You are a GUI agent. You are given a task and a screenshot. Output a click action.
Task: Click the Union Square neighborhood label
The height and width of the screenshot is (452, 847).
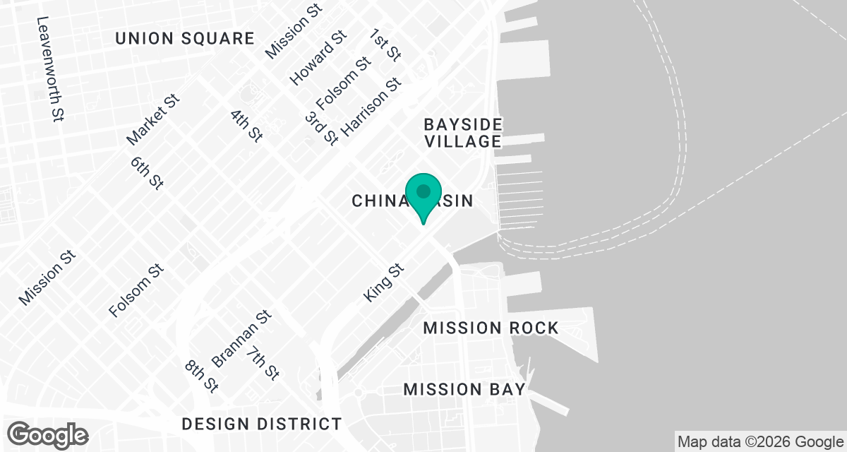pyautogui.click(x=185, y=39)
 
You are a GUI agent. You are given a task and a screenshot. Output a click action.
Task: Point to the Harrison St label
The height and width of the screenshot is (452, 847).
pyautogui.click(x=371, y=107)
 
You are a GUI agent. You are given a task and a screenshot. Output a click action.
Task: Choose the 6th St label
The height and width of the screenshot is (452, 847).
pyautogui.click(x=147, y=172)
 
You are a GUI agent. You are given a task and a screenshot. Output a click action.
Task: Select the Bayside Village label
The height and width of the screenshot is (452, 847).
pyautogui.click(x=463, y=133)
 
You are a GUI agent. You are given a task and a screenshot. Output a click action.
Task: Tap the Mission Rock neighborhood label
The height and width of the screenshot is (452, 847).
pyautogui.click(x=491, y=328)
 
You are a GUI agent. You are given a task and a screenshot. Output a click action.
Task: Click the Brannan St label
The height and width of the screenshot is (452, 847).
pyautogui.click(x=241, y=339)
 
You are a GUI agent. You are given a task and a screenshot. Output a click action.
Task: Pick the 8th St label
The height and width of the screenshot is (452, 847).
pyautogui.click(x=201, y=376)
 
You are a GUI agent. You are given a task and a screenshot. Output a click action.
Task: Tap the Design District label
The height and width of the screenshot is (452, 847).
pyautogui.click(x=262, y=424)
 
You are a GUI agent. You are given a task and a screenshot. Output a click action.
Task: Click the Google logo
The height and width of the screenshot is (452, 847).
pyautogui.click(x=49, y=434)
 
